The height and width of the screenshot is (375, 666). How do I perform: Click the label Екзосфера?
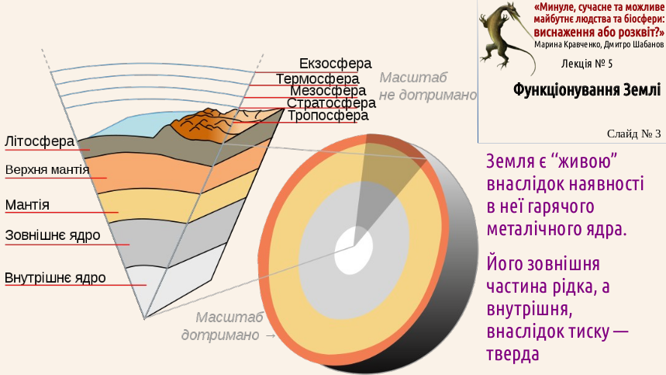pos(335,64)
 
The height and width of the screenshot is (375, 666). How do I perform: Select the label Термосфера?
pos(317,79)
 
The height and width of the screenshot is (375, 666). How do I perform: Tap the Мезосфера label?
pos(328,91)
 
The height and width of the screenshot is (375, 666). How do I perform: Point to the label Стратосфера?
pos(331,103)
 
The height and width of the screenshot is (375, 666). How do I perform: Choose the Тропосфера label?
pos(328,116)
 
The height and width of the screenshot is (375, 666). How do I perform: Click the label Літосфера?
pos(40,141)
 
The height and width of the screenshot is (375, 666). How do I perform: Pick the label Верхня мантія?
pos(47,170)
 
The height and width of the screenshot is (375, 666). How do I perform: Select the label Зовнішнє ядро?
pos(53,235)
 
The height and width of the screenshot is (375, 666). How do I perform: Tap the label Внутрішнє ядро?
pos(55,278)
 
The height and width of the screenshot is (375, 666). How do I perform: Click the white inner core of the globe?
pos(354,251)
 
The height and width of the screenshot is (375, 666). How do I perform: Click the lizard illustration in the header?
pos(506,38)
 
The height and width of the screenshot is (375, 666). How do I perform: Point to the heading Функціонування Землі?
pos(587,90)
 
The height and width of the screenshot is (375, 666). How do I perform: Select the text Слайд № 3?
pos(633,134)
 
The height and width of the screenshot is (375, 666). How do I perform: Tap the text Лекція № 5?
pos(587,64)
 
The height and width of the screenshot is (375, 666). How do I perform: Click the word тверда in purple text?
pos(512,354)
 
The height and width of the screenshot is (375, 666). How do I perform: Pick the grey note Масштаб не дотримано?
pos(427,86)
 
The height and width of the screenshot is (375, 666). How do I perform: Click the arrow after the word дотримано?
pos(270,335)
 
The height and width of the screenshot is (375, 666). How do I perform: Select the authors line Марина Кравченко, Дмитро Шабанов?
pos(599,45)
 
